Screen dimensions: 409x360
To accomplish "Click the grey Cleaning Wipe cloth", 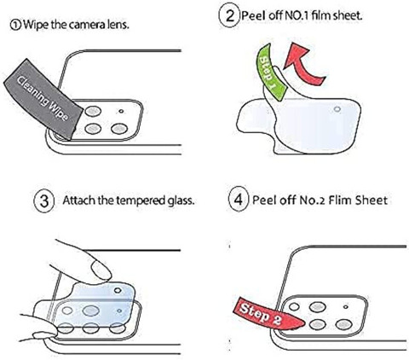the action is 43,99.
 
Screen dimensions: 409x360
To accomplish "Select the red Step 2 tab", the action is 267,315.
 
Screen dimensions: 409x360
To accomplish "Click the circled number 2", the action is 230,15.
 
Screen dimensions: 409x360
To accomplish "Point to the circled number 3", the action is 44,200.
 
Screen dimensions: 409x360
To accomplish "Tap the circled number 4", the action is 239,200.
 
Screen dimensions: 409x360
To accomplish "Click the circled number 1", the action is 15,25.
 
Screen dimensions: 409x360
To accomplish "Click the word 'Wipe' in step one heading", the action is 36,25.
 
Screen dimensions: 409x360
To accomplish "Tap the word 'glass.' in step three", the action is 181,200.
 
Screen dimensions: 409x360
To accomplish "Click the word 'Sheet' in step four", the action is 372,200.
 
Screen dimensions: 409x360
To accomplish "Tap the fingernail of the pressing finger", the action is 100,270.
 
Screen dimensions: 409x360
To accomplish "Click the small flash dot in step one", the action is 121,111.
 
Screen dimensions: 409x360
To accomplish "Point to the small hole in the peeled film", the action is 337,109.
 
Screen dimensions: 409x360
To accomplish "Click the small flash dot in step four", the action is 346,307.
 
